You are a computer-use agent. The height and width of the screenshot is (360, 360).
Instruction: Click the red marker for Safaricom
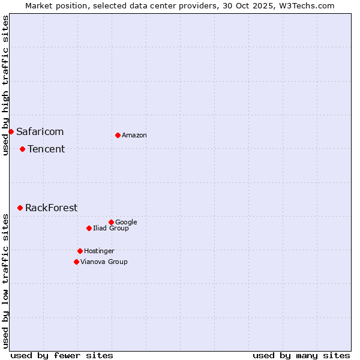pyautogui.click(x=11, y=131)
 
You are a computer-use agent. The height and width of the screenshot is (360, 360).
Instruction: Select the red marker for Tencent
pyautogui.click(x=22, y=149)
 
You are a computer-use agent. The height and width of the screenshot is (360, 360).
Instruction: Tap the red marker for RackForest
pyautogui.click(x=20, y=208)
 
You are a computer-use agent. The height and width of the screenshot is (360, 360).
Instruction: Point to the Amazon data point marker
pyautogui.click(x=118, y=135)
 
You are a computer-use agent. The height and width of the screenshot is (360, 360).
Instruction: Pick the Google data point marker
pyautogui.click(x=111, y=222)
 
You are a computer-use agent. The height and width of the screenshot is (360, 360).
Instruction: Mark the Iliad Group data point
pyautogui.click(x=89, y=228)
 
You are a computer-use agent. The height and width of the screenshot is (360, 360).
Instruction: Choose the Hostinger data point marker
pyautogui.click(x=80, y=251)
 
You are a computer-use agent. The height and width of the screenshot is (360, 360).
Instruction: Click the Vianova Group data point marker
pyautogui.click(x=76, y=262)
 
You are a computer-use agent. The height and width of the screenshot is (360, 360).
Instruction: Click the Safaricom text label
pyautogui.click(x=40, y=131)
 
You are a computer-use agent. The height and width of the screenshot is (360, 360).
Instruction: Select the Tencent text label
pyautogui.click(x=46, y=149)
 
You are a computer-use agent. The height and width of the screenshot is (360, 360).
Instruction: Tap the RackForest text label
pyautogui.click(x=51, y=208)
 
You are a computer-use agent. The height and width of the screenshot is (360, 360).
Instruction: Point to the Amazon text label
pyautogui.click(x=134, y=135)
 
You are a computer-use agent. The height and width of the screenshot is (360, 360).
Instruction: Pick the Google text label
pyautogui.click(x=126, y=222)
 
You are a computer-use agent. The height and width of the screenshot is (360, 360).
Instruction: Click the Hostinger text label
pyautogui.click(x=99, y=251)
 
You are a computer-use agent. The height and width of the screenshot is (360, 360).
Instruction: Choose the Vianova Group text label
pyautogui.click(x=104, y=262)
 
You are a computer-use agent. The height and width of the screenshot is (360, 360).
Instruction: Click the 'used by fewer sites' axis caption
pyautogui.click(x=62, y=355)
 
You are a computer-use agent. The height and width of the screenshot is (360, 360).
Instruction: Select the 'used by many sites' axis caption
pyautogui.click(x=301, y=355)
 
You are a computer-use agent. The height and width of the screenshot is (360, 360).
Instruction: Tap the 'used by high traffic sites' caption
pyautogui.click(x=5, y=85)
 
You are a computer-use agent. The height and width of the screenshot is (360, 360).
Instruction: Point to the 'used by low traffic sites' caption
pyautogui.click(x=5, y=281)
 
